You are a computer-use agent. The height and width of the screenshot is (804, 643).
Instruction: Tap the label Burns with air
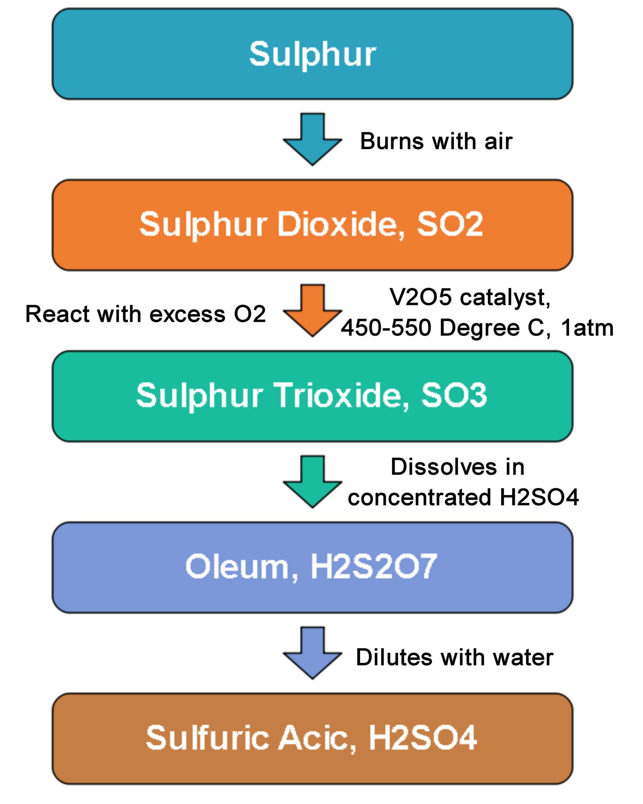[x=436, y=142]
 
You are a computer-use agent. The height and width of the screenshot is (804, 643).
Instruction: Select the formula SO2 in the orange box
[x=450, y=225]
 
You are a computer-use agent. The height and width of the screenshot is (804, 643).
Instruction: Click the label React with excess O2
[x=145, y=314]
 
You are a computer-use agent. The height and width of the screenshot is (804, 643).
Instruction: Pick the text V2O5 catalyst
[x=469, y=298]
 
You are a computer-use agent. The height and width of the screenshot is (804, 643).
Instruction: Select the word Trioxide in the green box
[x=341, y=396]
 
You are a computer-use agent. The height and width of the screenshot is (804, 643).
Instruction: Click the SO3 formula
[x=454, y=396]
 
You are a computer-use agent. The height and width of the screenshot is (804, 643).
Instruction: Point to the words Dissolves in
[x=457, y=467]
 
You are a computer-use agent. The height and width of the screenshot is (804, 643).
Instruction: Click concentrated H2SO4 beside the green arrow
[x=463, y=497]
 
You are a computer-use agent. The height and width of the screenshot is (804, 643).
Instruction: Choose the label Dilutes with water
[x=454, y=657]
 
